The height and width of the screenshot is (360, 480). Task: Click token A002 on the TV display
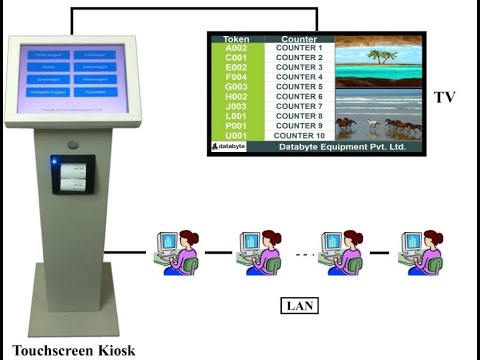[236, 48]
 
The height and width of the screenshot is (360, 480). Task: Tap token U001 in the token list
[236, 135]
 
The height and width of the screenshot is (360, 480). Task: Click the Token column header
[236, 39]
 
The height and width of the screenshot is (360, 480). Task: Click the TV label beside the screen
[445, 97]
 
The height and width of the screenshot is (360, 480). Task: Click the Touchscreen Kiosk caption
[73, 350]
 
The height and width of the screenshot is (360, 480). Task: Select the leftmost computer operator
[176, 250]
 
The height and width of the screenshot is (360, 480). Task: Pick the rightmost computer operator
[422, 250]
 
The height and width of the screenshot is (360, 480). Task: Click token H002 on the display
[236, 97]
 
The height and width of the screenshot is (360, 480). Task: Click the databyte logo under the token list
[230, 147]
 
